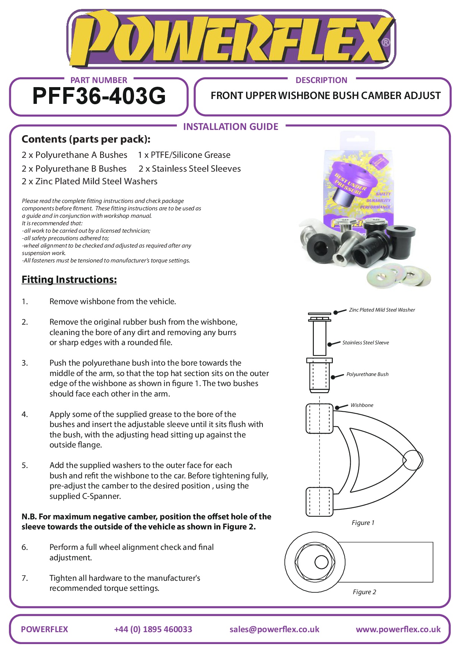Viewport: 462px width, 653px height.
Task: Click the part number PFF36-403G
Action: [x=99, y=96]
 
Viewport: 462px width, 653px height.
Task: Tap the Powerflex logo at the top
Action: [x=231, y=39]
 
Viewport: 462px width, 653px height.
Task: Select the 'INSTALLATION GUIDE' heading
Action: [x=230, y=127]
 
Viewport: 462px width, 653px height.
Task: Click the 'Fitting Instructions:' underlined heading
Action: [x=69, y=280]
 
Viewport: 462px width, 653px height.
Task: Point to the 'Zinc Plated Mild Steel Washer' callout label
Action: [x=382, y=310]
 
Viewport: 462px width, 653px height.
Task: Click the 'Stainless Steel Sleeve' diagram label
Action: [x=365, y=343]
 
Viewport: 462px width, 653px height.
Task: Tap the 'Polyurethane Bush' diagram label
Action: [x=367, y=374]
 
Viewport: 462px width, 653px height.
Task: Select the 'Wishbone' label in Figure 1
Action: [x=361, y=405]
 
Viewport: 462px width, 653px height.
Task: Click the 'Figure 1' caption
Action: [x=363, y=523]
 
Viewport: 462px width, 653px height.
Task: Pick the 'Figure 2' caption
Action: [x=364, y=592]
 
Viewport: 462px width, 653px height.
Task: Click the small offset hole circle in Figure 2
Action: [x=321, y=562]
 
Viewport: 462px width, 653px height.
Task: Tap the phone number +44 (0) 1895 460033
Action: [x=153, y=629]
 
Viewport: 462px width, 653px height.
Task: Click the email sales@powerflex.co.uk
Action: [x=274, y=629]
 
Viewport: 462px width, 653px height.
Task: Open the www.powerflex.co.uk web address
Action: [x=398, y=629]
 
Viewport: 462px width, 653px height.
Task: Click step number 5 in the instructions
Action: [x=25, y=465]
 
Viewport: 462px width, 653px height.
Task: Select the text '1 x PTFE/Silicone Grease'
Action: [x=184, y=155]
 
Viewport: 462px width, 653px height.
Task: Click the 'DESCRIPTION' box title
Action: [x=321, y=80]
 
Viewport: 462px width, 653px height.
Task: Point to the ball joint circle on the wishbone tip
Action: [x=412, y=460]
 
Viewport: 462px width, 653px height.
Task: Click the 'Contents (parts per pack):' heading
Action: [x=86, y=139]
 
